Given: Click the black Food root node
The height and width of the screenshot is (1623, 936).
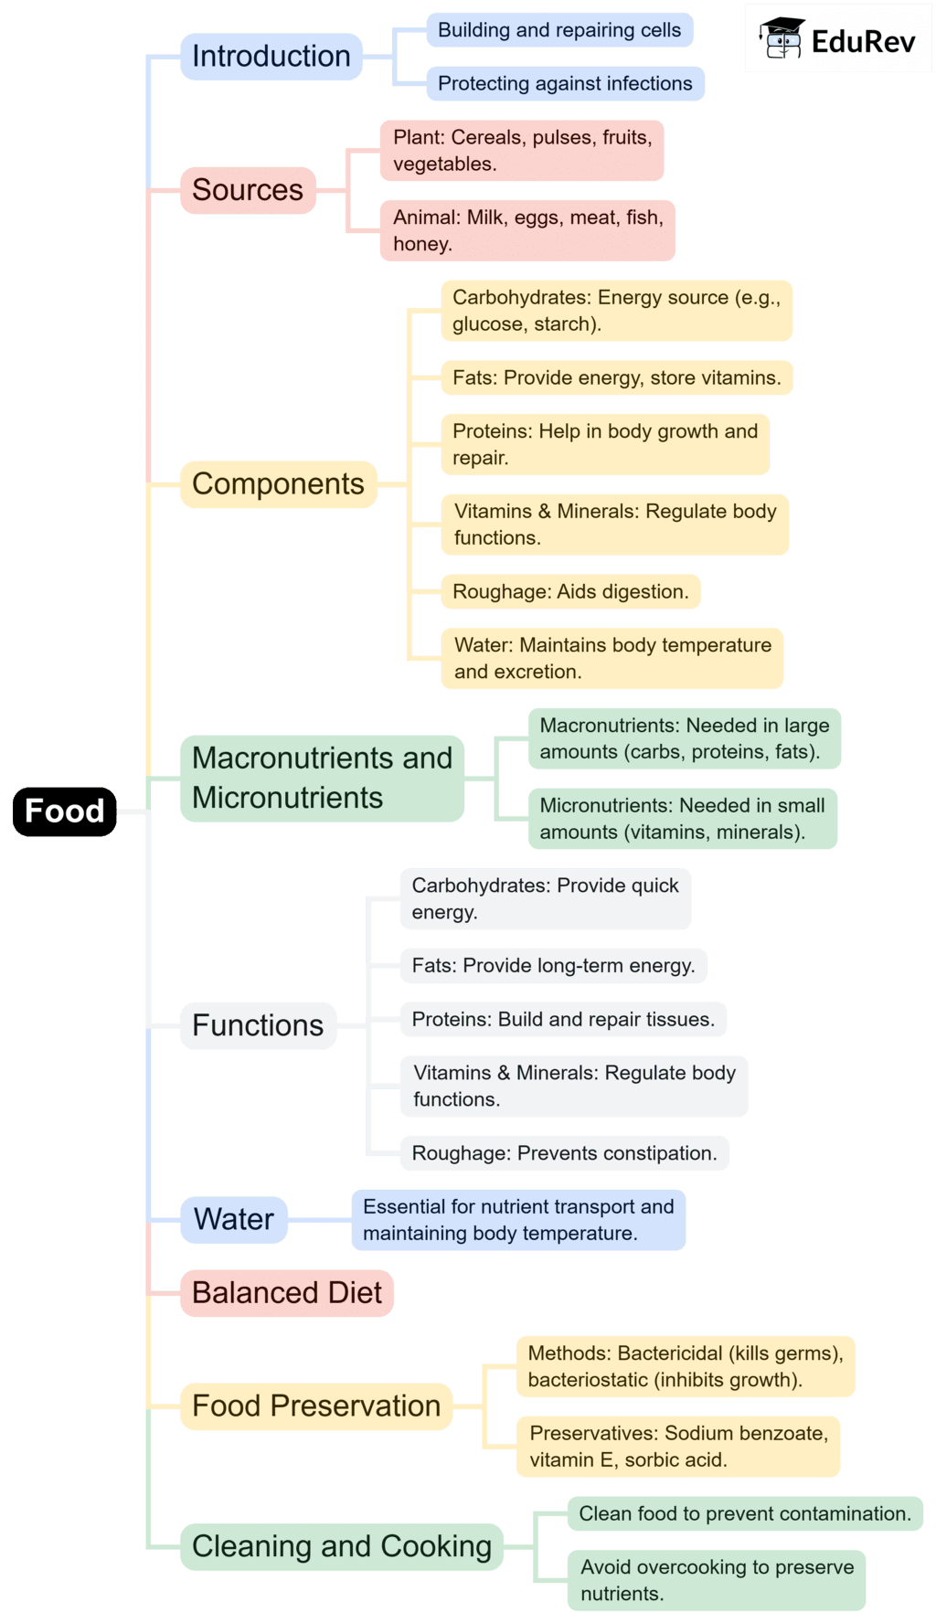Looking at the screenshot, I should [x=64, y=811].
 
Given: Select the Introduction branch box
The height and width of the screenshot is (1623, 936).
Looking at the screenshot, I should [x=271, y=56].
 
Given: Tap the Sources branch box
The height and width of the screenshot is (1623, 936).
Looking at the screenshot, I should [x=248, y=190].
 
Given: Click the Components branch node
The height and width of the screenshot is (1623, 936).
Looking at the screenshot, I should [x=278, y=484].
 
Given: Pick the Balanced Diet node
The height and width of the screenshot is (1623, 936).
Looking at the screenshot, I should [x=286, y=1293].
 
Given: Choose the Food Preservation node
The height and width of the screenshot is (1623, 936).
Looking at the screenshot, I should [x=316, y=1406].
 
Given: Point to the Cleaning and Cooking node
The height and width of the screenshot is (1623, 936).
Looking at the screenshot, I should [x=342, y=1546].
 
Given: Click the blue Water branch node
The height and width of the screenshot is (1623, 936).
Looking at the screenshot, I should [x=234, y=1219].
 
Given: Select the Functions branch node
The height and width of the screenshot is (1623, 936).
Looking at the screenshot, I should [x=258, y=1025].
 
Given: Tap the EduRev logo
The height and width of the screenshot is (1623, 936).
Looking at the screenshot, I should [x=838, y=38].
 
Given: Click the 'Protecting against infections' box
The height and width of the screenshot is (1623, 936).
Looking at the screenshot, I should [x=565, y=83].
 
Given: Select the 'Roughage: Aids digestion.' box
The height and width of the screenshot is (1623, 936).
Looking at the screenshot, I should [x=570, y=591].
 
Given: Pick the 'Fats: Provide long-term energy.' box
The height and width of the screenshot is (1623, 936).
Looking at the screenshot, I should [x=553, y=966].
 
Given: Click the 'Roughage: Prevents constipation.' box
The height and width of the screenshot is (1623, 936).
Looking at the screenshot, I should [x=564, y=1153].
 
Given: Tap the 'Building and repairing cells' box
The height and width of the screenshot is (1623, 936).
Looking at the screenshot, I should [x=559, y=30].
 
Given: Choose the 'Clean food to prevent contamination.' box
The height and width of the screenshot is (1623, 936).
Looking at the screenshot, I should [x=745, y=1513].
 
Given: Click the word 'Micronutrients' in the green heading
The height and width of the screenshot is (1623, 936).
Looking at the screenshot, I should [x=287, y=798].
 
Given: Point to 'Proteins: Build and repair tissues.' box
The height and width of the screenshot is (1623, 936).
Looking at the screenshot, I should [x=563, y=1020].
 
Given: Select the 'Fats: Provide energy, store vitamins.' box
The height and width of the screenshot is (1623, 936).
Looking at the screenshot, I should [x=617, y=377].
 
